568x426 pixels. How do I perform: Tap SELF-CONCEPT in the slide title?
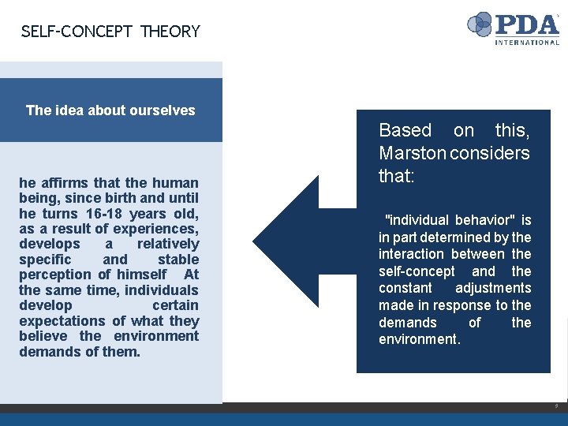[77, 32]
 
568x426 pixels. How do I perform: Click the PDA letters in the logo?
[527, 24]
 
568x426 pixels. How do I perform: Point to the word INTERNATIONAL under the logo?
[527, 42]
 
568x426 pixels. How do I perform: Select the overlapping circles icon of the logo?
[480, 24]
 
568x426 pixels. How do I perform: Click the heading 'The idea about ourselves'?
[110, 110]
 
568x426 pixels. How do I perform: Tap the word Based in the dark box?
[405, 130]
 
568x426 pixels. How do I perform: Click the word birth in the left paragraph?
[114, 198]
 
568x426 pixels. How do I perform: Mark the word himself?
[141, 275]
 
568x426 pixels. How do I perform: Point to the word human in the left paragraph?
[175, 183]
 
